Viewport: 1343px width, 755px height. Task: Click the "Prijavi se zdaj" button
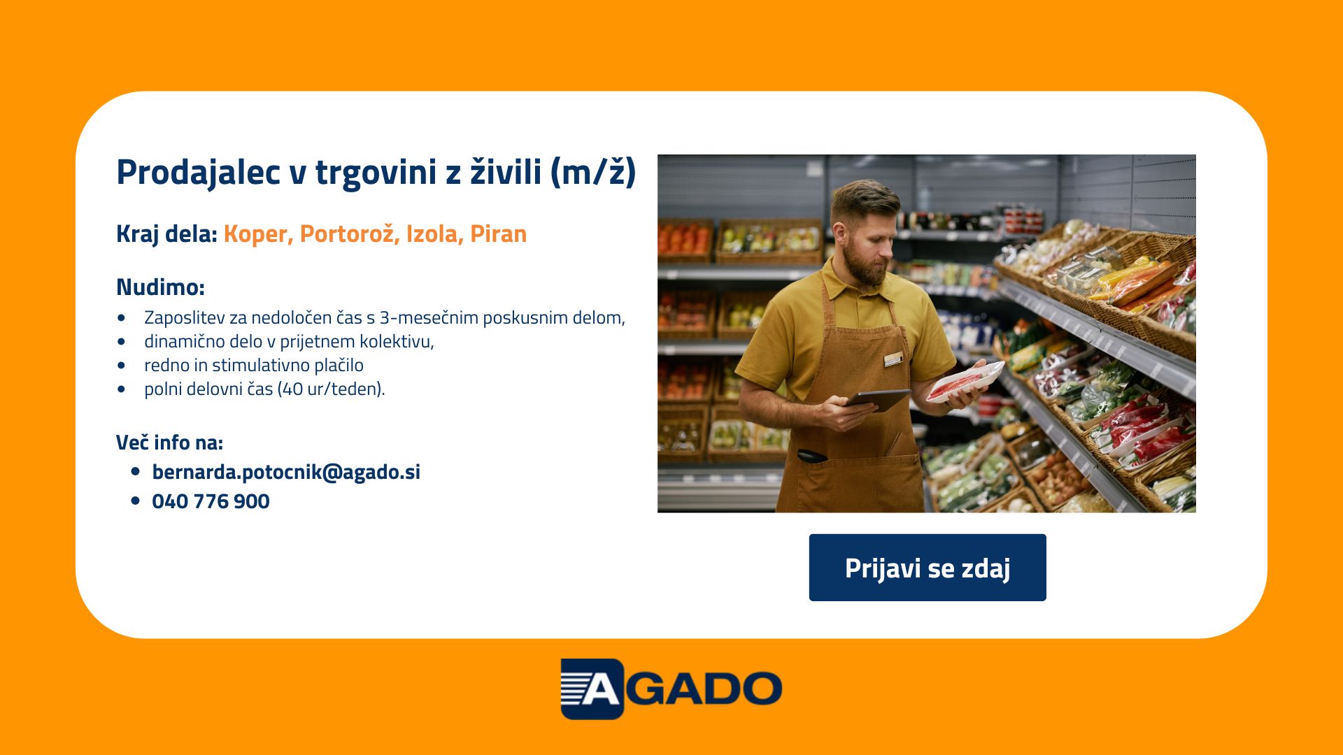[928, 568]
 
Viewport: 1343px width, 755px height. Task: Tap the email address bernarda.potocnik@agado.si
[286, 472]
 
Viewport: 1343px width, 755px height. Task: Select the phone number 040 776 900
[211, 501]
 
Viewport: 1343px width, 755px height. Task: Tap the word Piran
[498, 233]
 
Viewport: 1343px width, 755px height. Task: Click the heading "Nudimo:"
[160, 287]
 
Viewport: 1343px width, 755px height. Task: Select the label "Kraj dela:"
[166, 234]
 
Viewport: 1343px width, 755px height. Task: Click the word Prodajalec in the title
[199, 173]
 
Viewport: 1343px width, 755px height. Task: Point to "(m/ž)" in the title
[593, 172]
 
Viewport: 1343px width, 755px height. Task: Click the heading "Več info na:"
[169, 443]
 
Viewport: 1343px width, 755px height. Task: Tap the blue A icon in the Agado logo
[592, 689]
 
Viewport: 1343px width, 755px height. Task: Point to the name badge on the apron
[893, 360]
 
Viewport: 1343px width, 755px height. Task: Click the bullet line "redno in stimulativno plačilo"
[254, 365]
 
